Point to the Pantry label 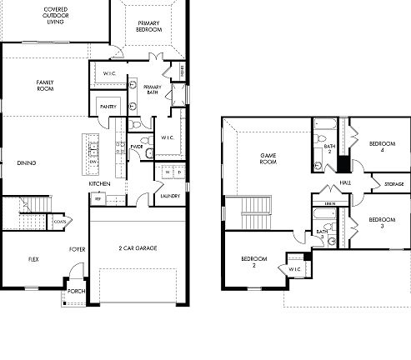pos(107,107)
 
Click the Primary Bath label pos(152,91)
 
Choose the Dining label pos(26,162)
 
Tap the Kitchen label pos(101,183)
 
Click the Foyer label pos(78,248)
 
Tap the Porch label pos(76,291)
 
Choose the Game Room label pos(268,158)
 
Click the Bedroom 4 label pos(381,147)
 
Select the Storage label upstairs pos(394,184)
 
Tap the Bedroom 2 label pos(253,262)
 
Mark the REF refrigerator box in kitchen pos(98,199)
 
